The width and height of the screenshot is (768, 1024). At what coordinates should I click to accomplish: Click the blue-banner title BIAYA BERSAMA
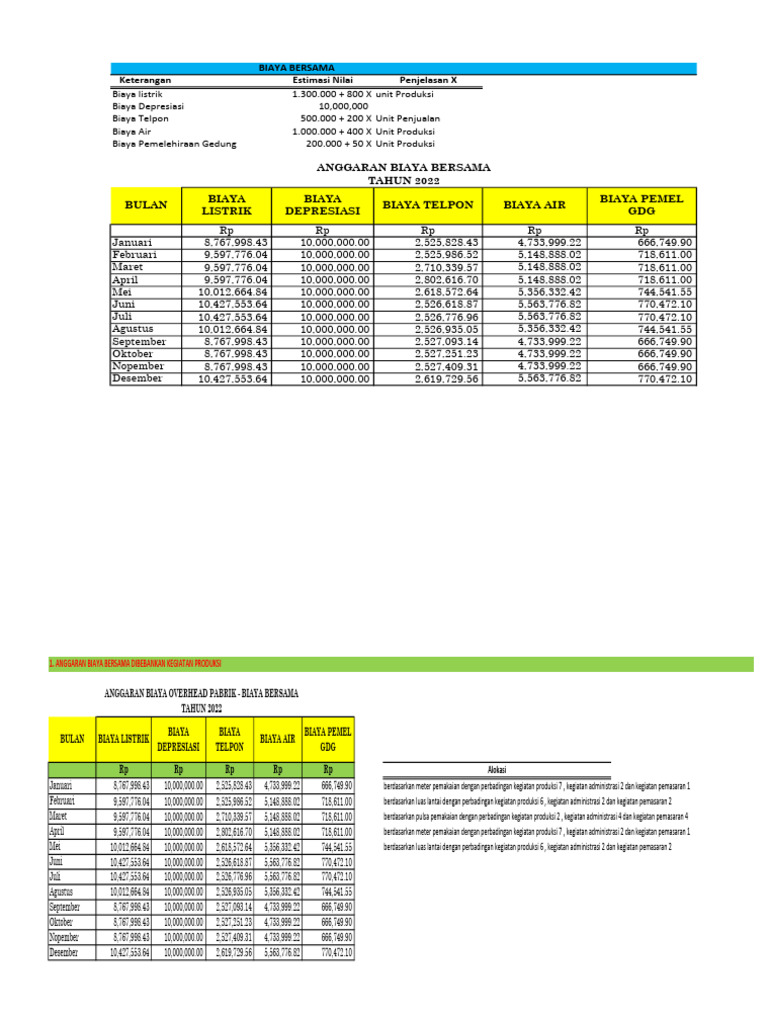point(297,68)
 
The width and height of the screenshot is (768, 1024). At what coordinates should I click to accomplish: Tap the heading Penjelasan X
point(428,79)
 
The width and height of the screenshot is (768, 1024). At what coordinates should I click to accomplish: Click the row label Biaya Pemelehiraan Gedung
point(175,144)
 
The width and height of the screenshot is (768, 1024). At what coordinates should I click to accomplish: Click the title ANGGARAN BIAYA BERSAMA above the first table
point(404,168)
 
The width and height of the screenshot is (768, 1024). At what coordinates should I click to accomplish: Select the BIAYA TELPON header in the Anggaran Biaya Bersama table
point(432,205)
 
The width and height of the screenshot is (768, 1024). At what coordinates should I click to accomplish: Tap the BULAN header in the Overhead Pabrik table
point(72,739)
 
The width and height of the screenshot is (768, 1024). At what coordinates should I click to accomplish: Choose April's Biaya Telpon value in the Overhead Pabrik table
point(230,832)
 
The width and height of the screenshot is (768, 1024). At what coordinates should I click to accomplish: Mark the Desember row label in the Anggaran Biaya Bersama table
point(139,379)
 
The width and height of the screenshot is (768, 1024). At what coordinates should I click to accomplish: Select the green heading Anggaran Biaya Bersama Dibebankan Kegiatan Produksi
point(135,664)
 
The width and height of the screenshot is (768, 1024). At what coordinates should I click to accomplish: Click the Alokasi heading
point(496,769)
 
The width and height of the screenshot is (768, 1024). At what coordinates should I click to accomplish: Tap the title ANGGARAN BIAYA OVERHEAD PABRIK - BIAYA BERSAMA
point(201,692)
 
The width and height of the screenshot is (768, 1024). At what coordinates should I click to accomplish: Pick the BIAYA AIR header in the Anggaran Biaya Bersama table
point(535,205)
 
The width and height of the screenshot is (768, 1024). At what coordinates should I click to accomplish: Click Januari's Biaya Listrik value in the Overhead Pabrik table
point(124,786)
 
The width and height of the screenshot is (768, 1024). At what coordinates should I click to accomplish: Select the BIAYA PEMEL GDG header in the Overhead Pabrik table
point(328,739)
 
